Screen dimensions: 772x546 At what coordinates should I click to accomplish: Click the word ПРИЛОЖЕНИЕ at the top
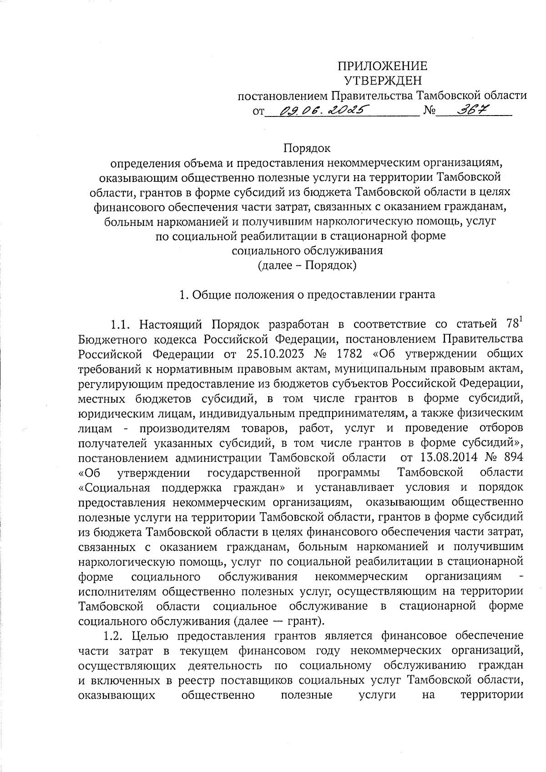(x=382, y=66)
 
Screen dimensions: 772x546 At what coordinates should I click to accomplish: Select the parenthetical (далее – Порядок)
(x=307, y=265)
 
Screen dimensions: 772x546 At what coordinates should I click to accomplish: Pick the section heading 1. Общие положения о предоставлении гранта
(x=307, y=294)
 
